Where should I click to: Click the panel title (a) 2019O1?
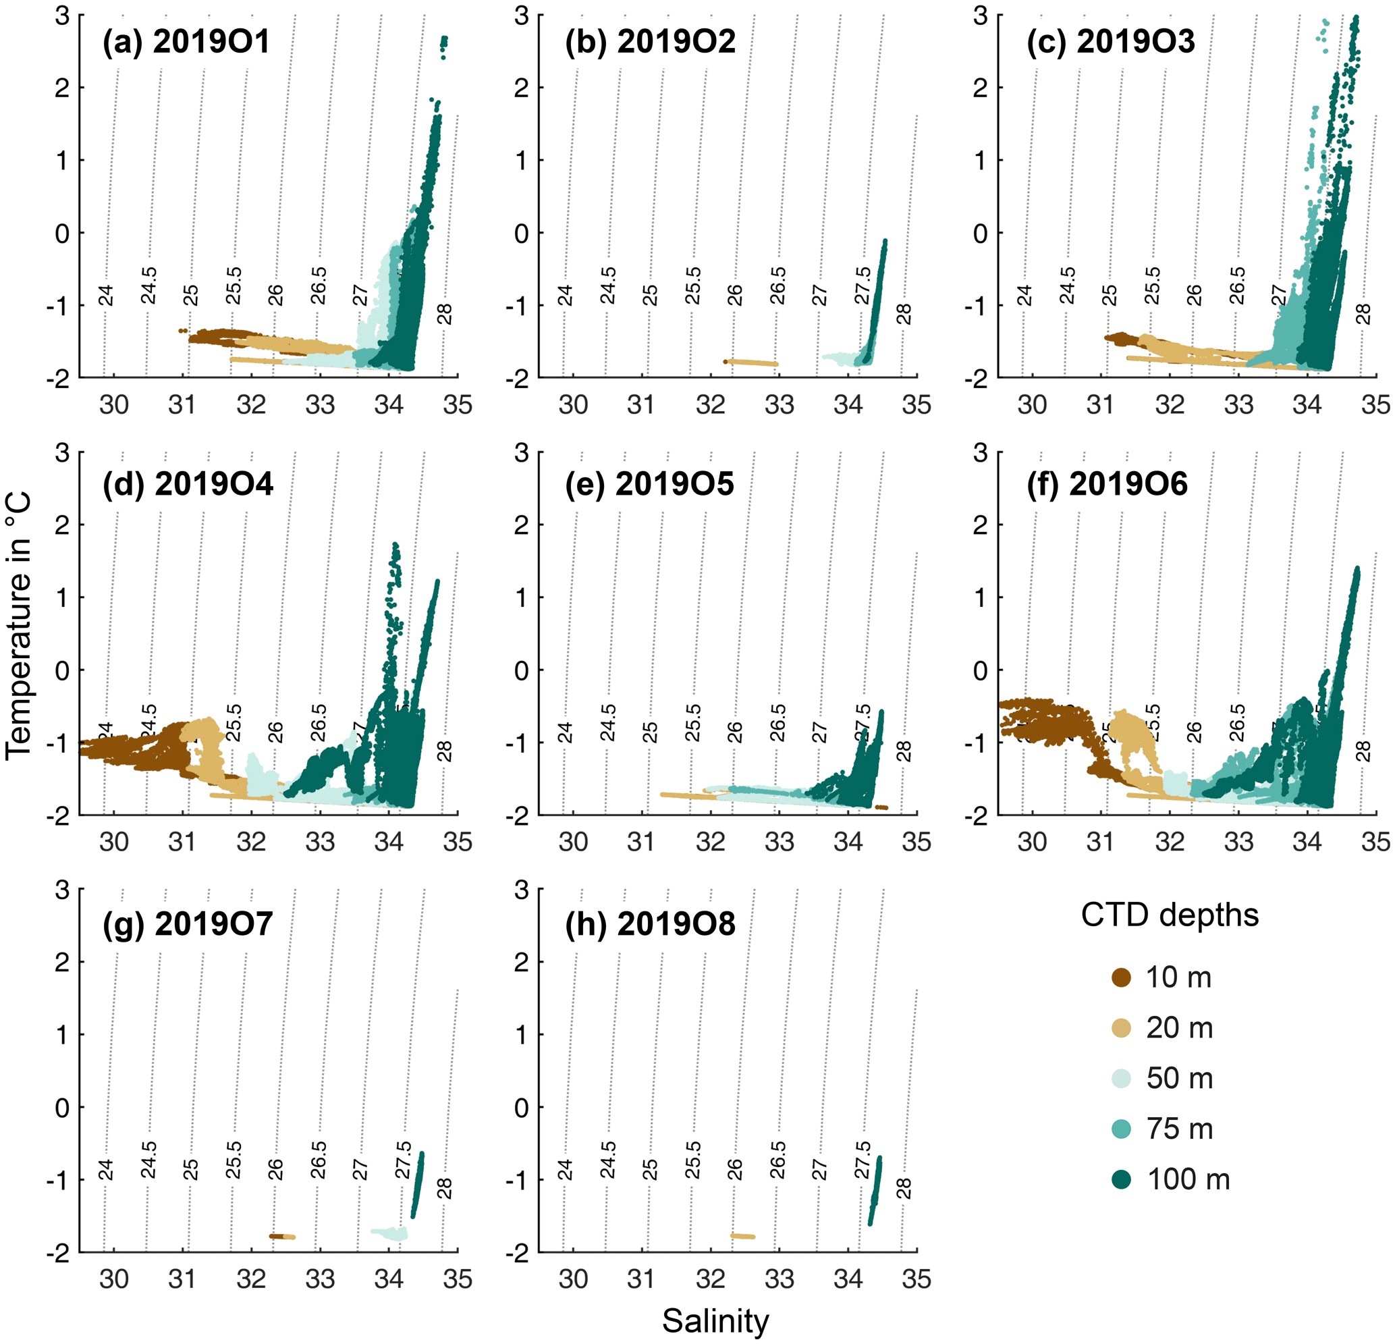[x=186, y=41]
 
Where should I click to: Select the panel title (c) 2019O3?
[x=1110, y=41]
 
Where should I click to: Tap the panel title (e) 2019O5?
[x=649, y=484]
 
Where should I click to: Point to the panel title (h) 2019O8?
[x=650, y=924]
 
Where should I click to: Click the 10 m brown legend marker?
[x=1121, y=977]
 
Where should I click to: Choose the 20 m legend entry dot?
[x=1121, y=1028]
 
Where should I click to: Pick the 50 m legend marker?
[x=1121, y=1079]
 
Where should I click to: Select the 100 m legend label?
[x=1188, y=1179]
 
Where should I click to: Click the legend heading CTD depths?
[x=1170, y=915]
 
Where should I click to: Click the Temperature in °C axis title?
[x=19, y=626]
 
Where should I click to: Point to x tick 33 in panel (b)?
[x=779, y=405]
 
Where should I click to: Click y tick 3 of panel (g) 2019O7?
[x=63, y=890]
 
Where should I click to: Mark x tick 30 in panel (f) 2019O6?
[x=1031, y=842]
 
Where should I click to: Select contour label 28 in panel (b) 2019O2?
[x=903, y=314]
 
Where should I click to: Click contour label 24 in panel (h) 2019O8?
[x=565, y=1170]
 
